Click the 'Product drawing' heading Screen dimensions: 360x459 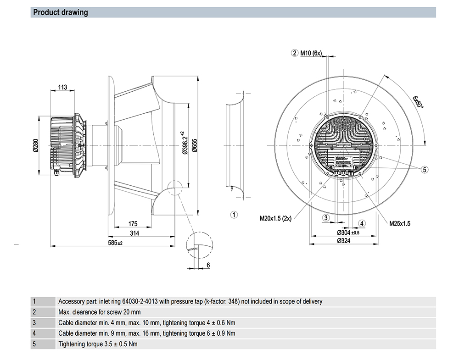(x=61, y=12)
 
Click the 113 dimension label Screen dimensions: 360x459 (x=63, y=88)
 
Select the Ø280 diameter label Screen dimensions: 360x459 (x=35, y=144)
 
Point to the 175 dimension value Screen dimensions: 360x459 (x=133, y=224)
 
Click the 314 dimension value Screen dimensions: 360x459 (x=134, y=233)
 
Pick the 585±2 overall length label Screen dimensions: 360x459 (x=115, y=243)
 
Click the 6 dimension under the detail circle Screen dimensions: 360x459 (x=208, y=265)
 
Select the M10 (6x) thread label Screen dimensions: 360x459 (x=311, y=54)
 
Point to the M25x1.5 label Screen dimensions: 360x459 (x=400, y=224)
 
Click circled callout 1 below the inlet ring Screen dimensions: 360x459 (x=233, y=214)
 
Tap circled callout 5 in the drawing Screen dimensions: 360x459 (x=425, y=170)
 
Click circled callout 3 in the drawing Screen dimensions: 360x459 (x=326, y=217)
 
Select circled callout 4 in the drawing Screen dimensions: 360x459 (x=362, y=223)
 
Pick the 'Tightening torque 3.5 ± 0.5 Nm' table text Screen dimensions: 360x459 (x=98, y=343)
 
